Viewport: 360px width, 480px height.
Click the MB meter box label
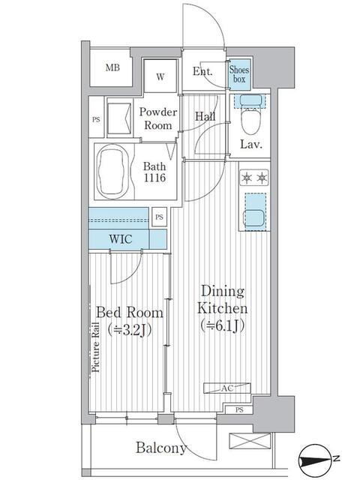[112, 67]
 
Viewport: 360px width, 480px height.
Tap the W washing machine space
[160, 76]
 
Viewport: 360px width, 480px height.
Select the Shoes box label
[239, 74]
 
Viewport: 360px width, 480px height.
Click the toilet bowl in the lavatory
[250, 121]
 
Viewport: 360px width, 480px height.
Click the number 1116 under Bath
[154, 178]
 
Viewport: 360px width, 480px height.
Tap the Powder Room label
[158, 118]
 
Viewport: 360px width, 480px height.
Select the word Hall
[205, 116]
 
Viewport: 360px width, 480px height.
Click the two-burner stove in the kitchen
[253, 178]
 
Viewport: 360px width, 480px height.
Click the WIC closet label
[121, 239]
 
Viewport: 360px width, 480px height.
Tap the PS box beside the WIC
[159, 217]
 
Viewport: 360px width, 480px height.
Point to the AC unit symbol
[227, 388]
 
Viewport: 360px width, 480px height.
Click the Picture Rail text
[96, 346]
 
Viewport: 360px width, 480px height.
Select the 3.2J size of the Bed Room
[130, 330]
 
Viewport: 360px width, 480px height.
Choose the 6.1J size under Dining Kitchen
[223, 325]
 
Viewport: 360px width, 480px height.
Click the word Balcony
[161, 448]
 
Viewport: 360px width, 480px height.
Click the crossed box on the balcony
[250, 442]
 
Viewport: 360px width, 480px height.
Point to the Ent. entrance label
[202, 72]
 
